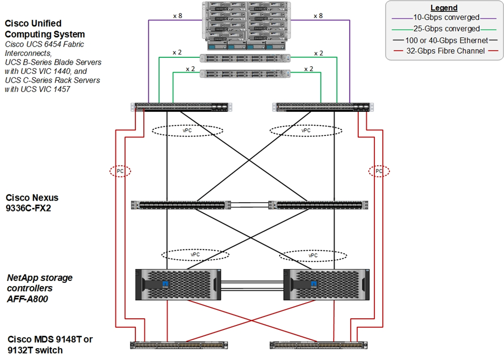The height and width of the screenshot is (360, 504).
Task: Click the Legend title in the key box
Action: pyautogui.click(x=444, y=8)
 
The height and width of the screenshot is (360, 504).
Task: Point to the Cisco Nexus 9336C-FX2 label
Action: pyautogui.click(x=32, y=202)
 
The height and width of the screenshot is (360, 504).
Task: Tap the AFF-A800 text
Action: pyautogui.click(x=27, y=298)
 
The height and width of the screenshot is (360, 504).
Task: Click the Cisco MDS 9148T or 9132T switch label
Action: pyautogui.click(x=50, y=344)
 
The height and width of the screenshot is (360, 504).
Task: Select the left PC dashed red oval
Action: pyautogui.click(x=120, y=171)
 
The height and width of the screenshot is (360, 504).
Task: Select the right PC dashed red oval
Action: pyautogui.click(x=379, y=171)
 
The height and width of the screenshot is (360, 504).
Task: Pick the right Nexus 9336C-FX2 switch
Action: pyautogui.click(x=318, y=205)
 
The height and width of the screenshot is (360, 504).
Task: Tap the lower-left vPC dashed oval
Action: pyautogui.click(x=195, y=255)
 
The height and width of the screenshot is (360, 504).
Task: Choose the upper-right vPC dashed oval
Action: pyautogui.click(x=306, y=130)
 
